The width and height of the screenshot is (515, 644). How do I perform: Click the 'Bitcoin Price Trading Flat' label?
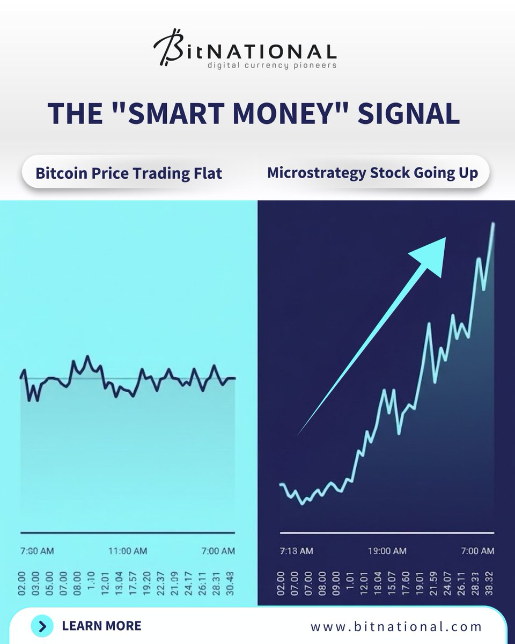pos(129,173)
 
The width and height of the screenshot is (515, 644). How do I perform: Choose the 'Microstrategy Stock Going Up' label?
pos(372,173)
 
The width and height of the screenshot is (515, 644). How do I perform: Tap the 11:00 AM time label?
pos(127,551)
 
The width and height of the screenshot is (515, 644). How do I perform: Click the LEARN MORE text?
pos(101,626)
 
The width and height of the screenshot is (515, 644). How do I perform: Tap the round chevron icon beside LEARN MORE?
pos(42,626)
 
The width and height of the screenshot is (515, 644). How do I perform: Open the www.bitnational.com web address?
pos(396,626)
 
